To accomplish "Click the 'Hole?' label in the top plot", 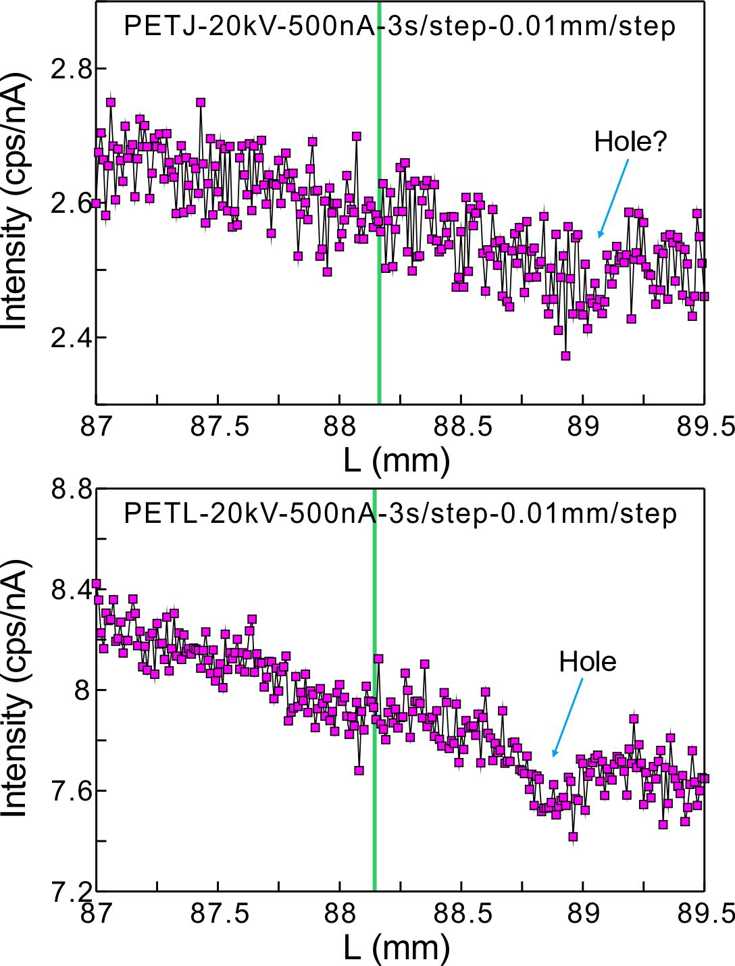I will (630, 142).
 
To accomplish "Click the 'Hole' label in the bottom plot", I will (587, 662).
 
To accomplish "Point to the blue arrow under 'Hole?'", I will (613, 199).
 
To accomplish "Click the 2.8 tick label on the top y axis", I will (70, 69).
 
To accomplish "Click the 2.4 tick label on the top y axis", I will (70, 337).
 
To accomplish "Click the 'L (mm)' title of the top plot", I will (397, 461).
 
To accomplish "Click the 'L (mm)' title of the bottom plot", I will (397, 948).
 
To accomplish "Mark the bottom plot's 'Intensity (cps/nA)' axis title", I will (16, 689).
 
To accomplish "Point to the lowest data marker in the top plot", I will (565, 356).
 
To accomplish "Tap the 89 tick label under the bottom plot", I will (582, 914).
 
